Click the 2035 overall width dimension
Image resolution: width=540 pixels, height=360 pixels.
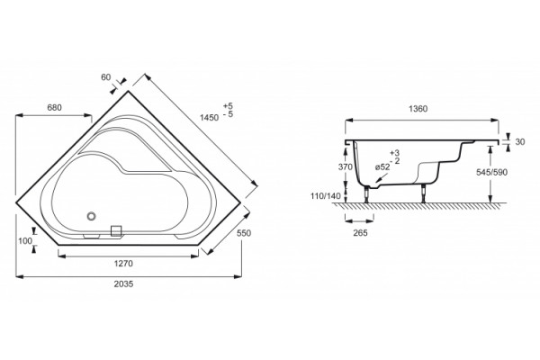123,284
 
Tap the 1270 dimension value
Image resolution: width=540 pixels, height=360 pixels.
123,264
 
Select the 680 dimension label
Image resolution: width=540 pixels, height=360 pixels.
54,108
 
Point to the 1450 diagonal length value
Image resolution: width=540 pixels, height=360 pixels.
209,118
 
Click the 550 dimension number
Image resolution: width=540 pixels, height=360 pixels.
244,233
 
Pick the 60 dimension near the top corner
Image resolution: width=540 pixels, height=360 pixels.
105,77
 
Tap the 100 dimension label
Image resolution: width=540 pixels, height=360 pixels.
25,241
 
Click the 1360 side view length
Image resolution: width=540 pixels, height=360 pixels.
418,109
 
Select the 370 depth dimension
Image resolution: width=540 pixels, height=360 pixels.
345,167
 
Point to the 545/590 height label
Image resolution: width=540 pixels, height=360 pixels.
491,172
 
